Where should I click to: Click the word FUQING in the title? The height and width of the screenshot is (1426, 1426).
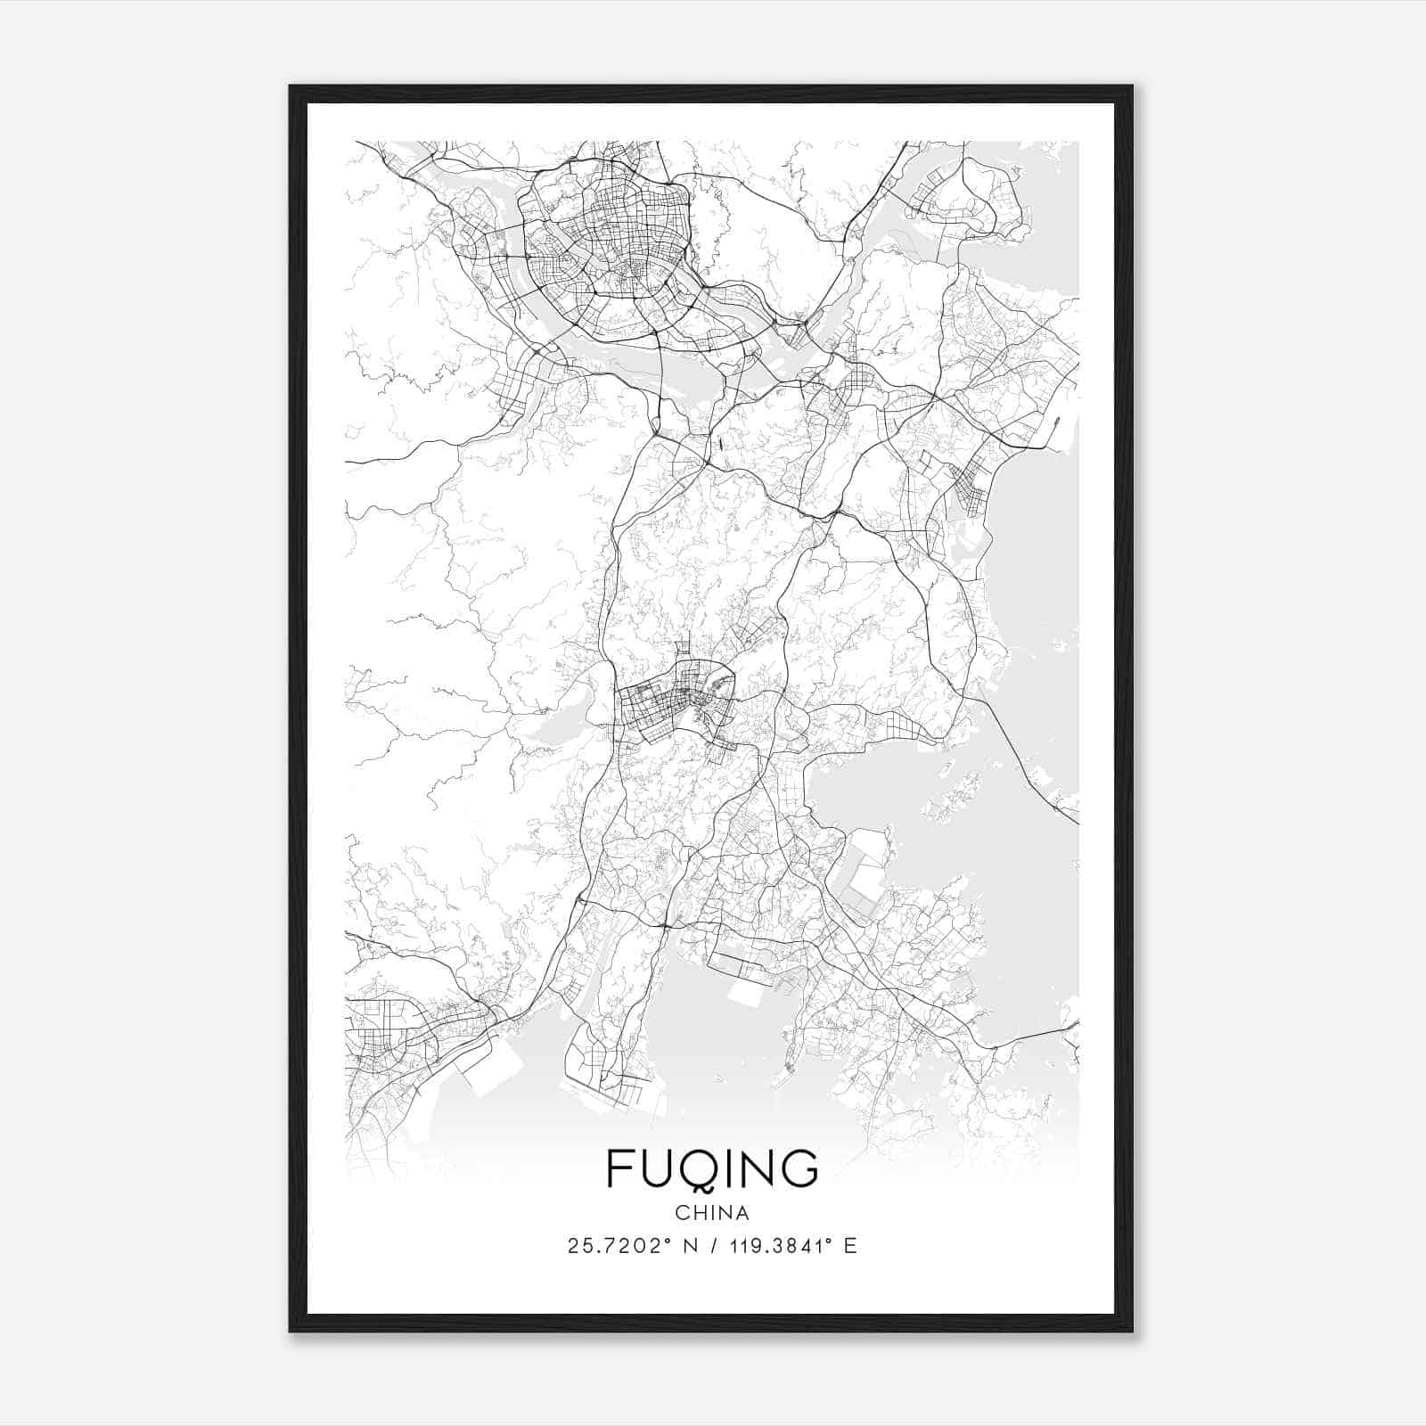(712, 1168)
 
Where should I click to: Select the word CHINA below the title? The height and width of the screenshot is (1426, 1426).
(712, 1213)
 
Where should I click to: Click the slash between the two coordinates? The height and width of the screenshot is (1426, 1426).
(715, 1246)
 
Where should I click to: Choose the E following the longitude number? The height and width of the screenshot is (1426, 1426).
(849, 1246)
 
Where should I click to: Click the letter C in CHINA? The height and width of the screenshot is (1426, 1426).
(682, 1213)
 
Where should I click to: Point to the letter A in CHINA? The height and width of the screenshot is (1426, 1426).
(742, 1213)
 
